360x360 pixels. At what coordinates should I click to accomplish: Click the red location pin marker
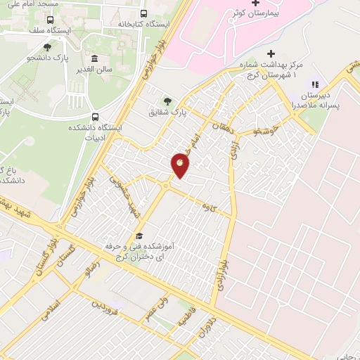click(x=181, y=165)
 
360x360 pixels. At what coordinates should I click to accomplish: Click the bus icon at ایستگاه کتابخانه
click(x=143, y=13)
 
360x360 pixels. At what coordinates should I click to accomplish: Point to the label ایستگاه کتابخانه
click(x=143, y=24)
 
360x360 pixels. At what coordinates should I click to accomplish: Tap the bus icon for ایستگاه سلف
click(x=49, y=19)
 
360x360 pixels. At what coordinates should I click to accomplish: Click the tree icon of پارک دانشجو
click(x=47, y=47)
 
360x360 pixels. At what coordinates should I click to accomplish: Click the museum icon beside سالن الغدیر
click(x=95, y=58)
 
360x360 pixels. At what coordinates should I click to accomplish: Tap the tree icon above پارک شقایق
click(x=167, y=100)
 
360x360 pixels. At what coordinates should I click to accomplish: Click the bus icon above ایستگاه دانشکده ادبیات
click(x=95, y=117)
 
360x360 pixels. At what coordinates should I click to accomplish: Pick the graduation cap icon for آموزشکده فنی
click(x=139, y=236)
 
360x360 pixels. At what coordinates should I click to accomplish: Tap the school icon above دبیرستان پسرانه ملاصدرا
click(x=314, y=84)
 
